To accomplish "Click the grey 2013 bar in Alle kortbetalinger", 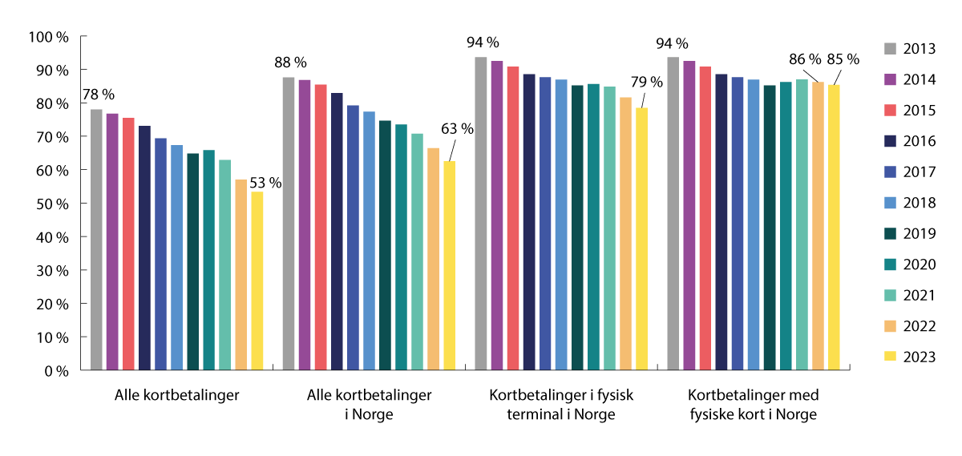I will pos(96,240).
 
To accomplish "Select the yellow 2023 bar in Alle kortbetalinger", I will pos(257,280).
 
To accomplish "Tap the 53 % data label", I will pos(265,183).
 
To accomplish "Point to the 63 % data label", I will pos(458,128).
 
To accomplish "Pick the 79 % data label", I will pos(647,82).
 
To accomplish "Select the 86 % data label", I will pos(804,59).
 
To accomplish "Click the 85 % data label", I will pos(843,59).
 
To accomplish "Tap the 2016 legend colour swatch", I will pos(890,141).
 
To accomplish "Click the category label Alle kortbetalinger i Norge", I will pos(369,405).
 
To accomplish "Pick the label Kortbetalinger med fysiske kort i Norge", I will pos(753,405).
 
